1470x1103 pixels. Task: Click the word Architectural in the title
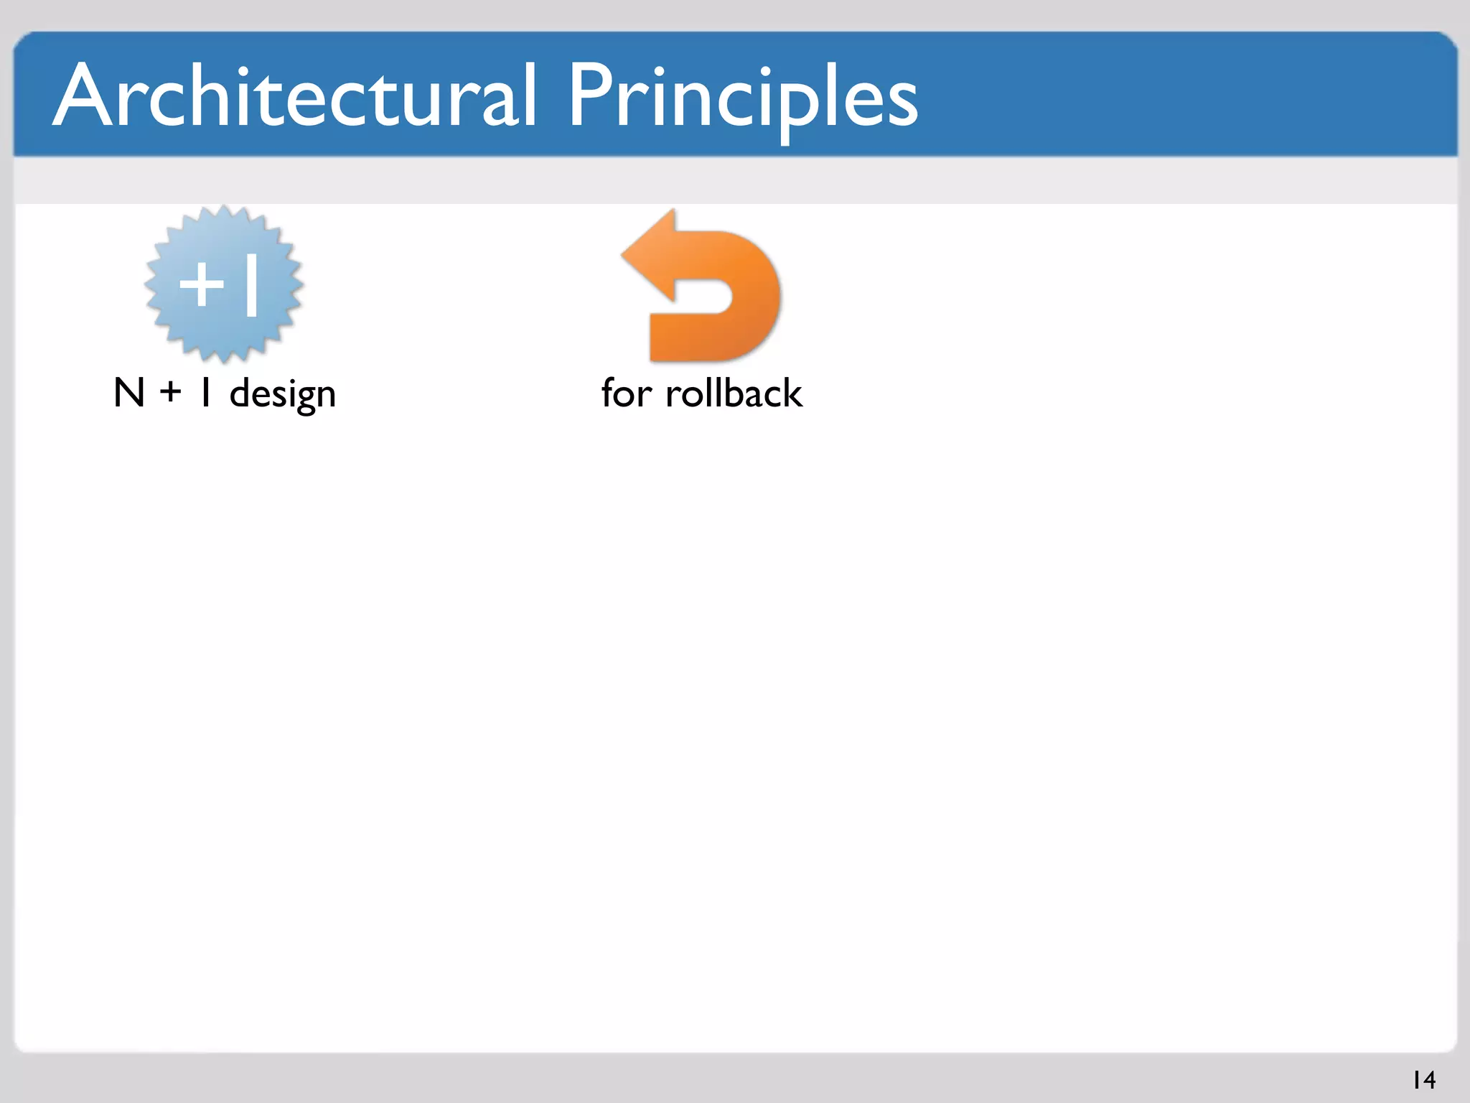coord(294,97)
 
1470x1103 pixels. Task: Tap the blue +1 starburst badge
coord(224,284)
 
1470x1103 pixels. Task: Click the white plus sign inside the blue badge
coord(202,284)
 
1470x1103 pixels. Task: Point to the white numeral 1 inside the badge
coord(251,284)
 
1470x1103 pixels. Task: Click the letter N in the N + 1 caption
coord(129,394)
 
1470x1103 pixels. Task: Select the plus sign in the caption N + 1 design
coord(171,394)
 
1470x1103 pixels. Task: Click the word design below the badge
coord(282,394)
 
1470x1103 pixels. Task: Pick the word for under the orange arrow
coord(626,394)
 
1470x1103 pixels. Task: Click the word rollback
coord(734,394)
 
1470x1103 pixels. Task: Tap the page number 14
coord(1423,1080)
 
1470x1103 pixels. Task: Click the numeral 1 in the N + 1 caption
coord(206,394)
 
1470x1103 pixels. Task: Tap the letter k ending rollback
coord(792,394)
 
